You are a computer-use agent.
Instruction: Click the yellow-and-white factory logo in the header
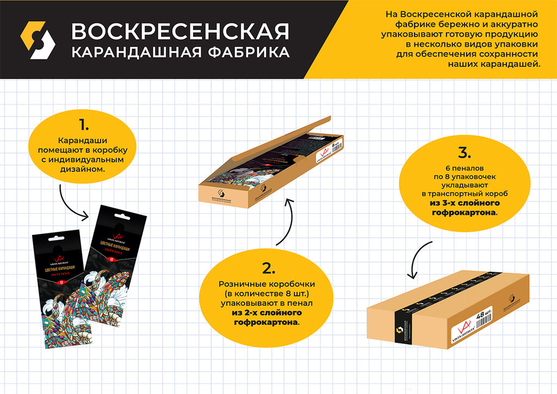[38, 40]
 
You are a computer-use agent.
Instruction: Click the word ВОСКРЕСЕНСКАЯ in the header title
[180, 32]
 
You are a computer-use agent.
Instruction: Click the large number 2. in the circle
[268, 268]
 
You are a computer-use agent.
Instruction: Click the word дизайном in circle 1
[83, 169]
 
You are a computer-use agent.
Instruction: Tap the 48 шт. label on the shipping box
[484, 315]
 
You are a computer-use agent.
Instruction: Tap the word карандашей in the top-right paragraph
[511, 64]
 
